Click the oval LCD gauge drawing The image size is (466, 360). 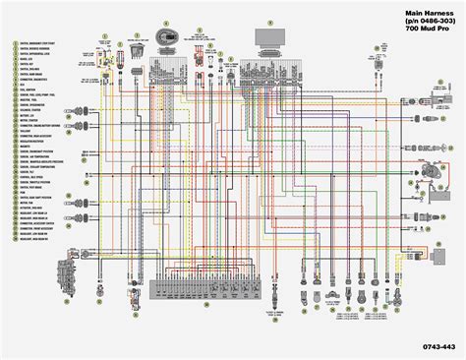point(166,35)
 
